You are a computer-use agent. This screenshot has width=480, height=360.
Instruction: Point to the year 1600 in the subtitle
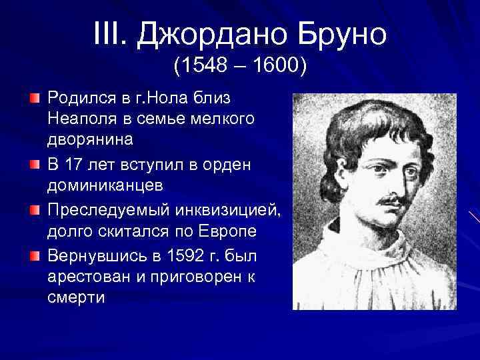click(x=274, y=67)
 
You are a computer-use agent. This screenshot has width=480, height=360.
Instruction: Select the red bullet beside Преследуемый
click(x=34, y=211)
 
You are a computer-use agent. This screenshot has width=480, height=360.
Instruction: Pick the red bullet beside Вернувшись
click(x=34, y=256)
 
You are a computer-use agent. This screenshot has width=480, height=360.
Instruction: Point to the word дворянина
click(x=91, y=140)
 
